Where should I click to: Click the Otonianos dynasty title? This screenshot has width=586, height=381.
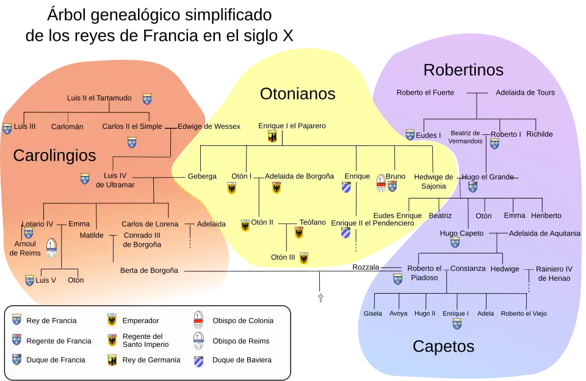pos(297,93)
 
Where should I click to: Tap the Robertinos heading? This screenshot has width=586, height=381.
pos(463,70)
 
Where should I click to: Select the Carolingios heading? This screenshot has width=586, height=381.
pos(54,155)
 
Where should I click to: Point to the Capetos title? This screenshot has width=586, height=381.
pos(443,346)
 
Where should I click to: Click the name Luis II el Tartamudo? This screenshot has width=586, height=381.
pos(99,98)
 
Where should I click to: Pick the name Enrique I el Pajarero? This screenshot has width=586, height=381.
pos(292,126)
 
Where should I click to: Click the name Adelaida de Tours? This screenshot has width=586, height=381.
pos(525,93)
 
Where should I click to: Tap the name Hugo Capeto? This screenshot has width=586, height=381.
pos(461,233)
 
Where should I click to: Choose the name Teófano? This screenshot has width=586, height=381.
pos(313,222)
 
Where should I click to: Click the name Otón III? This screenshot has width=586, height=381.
pos(283,257)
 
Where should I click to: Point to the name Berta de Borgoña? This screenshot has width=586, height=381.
pos(149,270)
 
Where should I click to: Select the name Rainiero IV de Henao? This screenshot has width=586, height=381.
pos(554,273)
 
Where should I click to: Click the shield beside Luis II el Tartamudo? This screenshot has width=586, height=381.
pos(146,98)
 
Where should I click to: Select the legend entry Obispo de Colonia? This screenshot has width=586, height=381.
pos(242,321)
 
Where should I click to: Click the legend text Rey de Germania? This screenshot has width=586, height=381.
pos(151,360)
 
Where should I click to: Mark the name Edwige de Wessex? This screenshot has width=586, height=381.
pos(209,126)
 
